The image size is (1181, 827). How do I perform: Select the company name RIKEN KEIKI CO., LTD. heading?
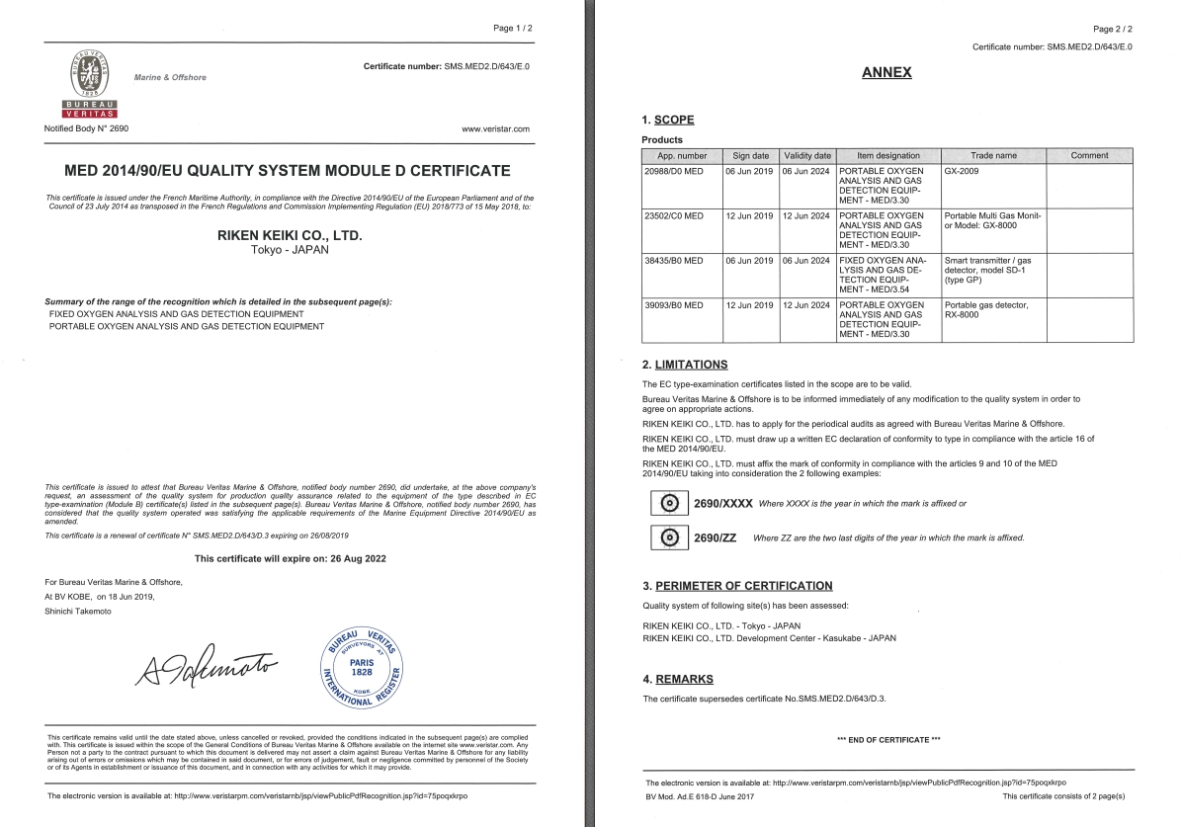290,236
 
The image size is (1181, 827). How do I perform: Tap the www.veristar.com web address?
495,128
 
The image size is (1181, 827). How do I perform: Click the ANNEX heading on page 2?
886,72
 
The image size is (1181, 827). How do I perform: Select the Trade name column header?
993,156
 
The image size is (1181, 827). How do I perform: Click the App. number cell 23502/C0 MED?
673,215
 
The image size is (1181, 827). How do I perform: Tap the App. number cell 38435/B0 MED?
673,261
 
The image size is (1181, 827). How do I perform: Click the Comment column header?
1089,156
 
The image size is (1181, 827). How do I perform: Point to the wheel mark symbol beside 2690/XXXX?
669,503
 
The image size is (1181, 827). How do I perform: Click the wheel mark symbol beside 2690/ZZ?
669,538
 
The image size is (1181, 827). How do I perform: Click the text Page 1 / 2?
512,28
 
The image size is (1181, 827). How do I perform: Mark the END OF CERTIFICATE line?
887,740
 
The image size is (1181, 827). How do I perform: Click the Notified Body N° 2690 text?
86,128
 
